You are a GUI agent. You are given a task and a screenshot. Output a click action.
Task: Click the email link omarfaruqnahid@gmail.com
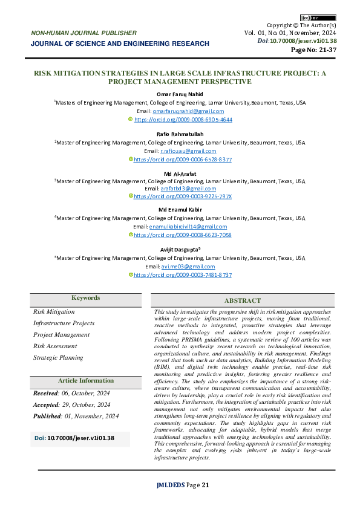(188, 111)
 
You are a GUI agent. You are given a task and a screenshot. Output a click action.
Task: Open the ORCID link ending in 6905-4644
(183, 120)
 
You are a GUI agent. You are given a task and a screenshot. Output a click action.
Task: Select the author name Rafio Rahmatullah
(180, 134)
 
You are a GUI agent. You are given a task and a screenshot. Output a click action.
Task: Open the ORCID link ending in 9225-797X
(182, 196)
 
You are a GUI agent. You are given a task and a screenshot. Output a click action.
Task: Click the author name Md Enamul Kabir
(180, 210)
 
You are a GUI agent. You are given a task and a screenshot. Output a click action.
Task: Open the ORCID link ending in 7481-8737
(182, 274)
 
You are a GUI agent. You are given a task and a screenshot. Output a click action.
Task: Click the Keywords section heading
(86, 298)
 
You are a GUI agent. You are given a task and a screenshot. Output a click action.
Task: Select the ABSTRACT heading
(243, 300)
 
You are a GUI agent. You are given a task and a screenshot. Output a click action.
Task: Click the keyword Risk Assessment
(55, 346)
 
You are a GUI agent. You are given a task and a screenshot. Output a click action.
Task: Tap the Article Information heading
(86, 381)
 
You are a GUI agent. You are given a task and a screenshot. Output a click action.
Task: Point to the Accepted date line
(71, 405)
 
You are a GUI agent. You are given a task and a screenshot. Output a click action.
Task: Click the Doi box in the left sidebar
(80, 437)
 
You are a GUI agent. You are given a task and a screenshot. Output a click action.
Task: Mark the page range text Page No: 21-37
(314, 50)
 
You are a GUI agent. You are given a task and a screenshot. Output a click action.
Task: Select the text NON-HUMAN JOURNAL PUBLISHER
(83, 33)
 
